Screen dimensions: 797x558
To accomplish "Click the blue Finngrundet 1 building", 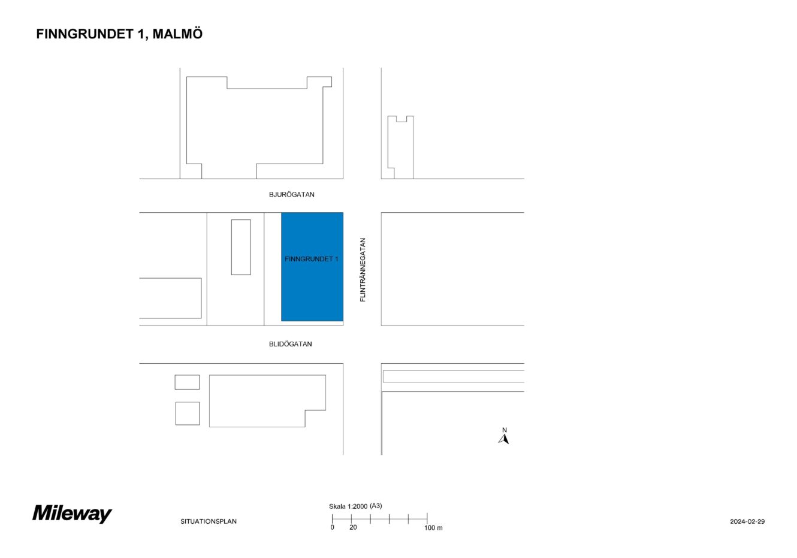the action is [x=312, y=267].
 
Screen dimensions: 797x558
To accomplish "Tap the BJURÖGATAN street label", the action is [x=291, y=195].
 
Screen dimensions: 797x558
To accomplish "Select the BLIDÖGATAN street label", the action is [x=290, y=344].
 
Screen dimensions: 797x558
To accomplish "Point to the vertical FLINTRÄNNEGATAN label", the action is [x=363, y=270].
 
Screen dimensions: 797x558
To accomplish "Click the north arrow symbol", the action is [x=503, y=439].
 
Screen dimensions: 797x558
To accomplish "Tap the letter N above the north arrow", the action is [x=504, y=430].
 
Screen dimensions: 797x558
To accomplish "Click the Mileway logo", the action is [x=73, y=514].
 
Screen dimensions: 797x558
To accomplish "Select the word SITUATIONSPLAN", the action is [x=209, y=521].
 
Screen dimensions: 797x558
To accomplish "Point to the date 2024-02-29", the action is [x=747, y=521].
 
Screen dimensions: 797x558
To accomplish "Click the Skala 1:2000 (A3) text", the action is [x=355, y=506].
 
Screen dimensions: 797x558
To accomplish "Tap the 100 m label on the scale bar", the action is [x=433, y=528].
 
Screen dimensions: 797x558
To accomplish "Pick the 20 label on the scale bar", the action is [x=353, y=527].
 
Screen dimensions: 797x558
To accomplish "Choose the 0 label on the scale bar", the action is [x=333, y=527].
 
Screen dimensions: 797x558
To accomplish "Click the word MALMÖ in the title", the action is [x=177, y=34].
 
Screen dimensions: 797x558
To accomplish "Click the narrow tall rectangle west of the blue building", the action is [x=241, y=248].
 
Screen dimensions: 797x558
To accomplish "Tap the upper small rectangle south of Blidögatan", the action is [x=187, y=382].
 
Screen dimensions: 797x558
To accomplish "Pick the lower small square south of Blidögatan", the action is [x=188, y=414].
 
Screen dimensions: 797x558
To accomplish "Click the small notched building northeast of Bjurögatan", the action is [x=401, y=147].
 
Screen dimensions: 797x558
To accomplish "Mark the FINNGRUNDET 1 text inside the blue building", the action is [x=312, y=259].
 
